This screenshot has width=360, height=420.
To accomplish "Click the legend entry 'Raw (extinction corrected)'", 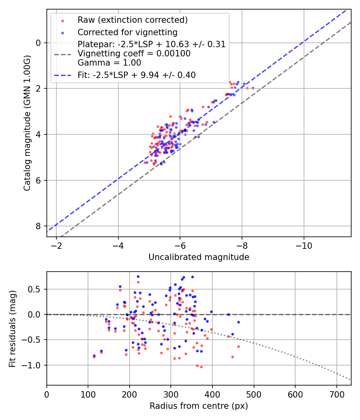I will tap(132, 20).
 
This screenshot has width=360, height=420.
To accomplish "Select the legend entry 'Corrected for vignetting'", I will tap(128, 32).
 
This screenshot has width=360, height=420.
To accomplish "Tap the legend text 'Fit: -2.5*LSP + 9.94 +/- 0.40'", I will tap(136, 75).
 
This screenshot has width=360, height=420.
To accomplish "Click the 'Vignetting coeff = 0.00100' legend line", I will tap(134, 53).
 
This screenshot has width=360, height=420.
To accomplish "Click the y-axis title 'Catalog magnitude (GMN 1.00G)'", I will tap(27, 122).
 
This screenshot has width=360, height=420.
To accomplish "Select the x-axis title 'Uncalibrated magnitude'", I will tap(199, 257).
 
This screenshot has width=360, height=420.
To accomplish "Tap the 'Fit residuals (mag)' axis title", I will tap(12, 328).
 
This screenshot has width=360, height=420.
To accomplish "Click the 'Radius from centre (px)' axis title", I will tap(199, 406).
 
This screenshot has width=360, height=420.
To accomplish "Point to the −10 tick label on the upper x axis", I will tap(304, 245).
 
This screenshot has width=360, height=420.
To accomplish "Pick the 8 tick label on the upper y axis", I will tap(39, 226).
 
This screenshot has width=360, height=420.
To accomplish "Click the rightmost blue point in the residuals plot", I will tap(238, 322).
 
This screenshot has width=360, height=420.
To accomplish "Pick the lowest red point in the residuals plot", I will tap(201, 367).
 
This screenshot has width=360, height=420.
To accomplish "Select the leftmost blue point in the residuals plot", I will tap(94, 356).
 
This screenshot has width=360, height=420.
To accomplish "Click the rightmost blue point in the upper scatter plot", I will tap(253, 88).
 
